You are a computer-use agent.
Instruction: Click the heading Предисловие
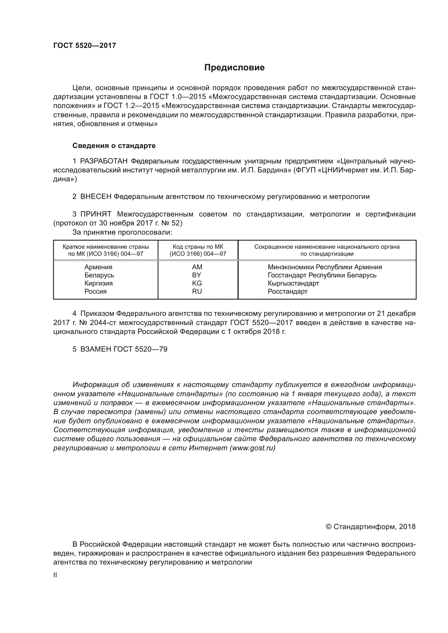point(234,68)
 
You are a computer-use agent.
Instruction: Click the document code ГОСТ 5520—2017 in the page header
point(85,45)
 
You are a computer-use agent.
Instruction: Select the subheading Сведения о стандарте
point(114,146)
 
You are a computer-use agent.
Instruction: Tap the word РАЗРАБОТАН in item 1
point(104,161)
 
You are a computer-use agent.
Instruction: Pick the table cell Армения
point(99,267)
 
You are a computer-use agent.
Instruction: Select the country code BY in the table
point(197,275)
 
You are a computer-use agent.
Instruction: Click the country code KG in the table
point(197,283)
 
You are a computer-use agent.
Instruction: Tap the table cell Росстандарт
point(287,291)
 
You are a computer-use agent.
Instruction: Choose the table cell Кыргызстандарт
point(293,283)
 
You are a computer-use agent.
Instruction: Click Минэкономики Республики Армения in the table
point(325,267)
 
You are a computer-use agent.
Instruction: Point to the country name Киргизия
point(99,283)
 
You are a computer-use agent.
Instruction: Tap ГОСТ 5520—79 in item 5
point(140,349)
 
